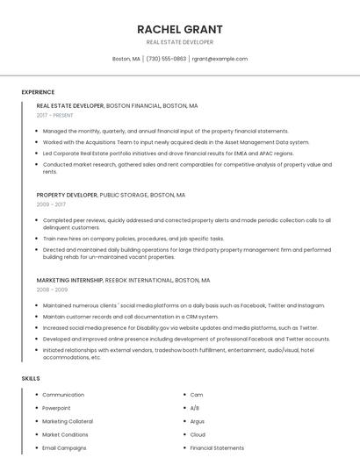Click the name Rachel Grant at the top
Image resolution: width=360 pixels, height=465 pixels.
179,29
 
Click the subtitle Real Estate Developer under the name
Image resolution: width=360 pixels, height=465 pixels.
179,42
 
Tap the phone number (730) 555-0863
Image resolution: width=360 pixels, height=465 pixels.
166,59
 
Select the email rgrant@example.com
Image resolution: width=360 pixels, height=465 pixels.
220,59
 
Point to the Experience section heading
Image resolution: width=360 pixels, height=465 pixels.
38,92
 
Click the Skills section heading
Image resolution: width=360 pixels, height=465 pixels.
31,378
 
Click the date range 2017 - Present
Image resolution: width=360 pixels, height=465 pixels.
55,116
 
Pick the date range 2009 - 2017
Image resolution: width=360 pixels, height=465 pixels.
51,204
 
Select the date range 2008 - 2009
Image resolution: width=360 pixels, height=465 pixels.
52,290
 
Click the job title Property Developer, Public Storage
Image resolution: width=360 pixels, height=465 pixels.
111,195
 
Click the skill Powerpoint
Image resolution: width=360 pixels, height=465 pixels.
57,408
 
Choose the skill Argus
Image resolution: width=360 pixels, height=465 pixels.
198,421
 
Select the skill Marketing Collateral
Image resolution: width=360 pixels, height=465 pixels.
67,421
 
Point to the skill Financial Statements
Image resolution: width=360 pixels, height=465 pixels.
217,447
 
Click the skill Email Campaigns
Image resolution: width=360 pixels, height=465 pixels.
64,447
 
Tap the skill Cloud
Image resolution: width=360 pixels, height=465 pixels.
198,434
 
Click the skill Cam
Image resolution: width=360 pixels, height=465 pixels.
197,395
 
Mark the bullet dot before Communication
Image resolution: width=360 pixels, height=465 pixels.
36,395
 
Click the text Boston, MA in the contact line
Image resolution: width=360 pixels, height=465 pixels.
126,59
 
